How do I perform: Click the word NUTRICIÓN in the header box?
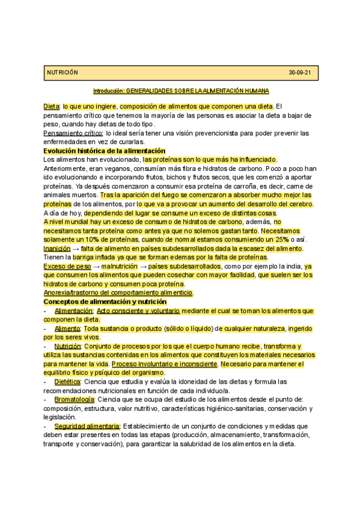63,73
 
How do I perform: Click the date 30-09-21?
300,73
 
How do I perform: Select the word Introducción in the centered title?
108,91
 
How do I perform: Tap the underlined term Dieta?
51,107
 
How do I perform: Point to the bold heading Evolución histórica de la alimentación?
104,151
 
